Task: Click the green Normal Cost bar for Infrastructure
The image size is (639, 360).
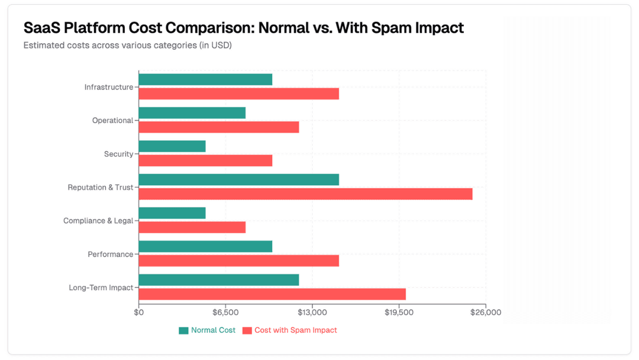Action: [205, 79]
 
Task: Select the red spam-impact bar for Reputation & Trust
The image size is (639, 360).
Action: [305, 194]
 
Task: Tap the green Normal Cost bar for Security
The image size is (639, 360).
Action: [172, 146]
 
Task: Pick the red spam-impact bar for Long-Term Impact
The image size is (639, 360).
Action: [272, 294]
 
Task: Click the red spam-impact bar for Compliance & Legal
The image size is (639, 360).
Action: [192, 227]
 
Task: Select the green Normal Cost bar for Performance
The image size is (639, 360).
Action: [205, 246]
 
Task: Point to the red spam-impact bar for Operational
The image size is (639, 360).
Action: [219, 127]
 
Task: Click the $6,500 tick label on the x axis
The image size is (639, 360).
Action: [225, 313]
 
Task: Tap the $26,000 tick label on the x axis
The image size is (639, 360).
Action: [485, 313]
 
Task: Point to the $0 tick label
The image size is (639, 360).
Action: [138, 313]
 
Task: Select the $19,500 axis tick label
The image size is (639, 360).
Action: [399, 313]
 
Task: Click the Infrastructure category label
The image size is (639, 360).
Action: [108, 87]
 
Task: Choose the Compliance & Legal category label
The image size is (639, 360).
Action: [98, 221]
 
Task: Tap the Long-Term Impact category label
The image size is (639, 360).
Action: [101, 288]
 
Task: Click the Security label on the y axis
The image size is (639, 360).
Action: [118, 154]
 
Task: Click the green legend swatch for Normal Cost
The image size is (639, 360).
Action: [183, 330]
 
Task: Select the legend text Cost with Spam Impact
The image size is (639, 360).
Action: [295, 330]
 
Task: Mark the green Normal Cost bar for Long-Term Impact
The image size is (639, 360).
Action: [219, 280]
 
